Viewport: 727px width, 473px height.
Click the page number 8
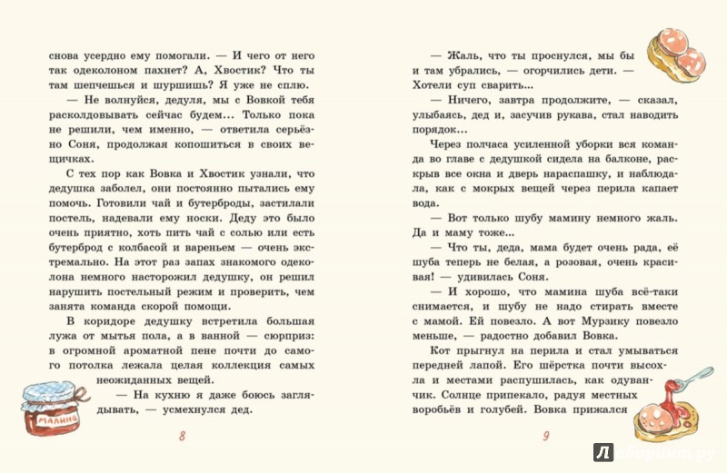(184, 438)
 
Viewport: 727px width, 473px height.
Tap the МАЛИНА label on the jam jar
(51, 423)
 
